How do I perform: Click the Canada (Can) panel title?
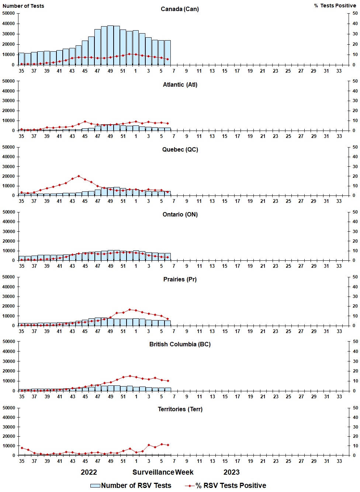[180, 9]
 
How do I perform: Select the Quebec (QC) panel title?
[180, 149]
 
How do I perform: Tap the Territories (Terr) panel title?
[180, 409]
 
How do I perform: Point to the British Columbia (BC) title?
[180, 344]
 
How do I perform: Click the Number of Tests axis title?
[23, 6]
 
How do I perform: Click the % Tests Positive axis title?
[335, 6]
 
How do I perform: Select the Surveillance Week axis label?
[163, 472]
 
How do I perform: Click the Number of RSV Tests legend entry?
[131, 485]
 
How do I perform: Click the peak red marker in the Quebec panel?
[79, 176]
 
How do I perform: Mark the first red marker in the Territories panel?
[21, 448]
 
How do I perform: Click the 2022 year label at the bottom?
[89, 472]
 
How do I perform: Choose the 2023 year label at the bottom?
[231, 472]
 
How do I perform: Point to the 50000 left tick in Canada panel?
[8, 13]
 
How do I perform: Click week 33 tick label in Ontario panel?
[339, 266]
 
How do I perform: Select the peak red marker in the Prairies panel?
[129, 309]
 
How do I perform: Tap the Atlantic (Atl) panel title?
[180, 84]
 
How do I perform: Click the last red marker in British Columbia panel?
[168, 381]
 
